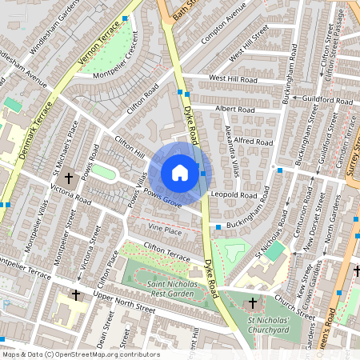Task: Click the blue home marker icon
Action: [180, 173]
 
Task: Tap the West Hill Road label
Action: [233, 78]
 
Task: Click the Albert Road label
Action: [234, 110]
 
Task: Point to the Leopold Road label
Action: [234, 194]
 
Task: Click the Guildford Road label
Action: [327, 102]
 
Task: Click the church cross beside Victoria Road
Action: [69, 177]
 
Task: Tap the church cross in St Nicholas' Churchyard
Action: [253, 303]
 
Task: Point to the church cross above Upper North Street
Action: [76, 295]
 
